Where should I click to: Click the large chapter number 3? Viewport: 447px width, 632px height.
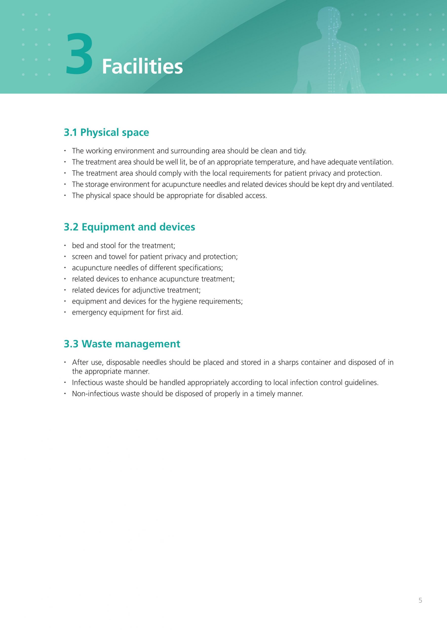point(79,54)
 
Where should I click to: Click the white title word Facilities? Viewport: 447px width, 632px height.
point(142,67)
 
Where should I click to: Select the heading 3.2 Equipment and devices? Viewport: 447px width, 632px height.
point(129,227)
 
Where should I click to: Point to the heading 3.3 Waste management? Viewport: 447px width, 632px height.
point(122,344)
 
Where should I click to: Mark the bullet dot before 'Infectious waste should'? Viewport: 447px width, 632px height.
point(65,382)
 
